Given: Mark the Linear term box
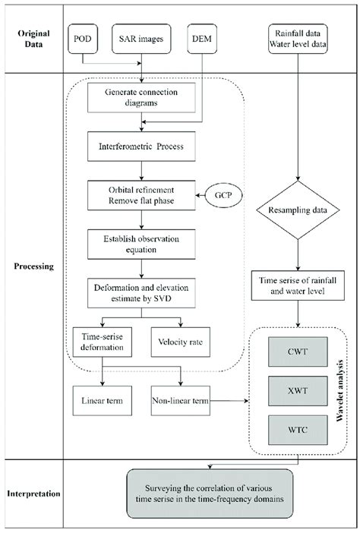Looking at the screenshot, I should point(103,399).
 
